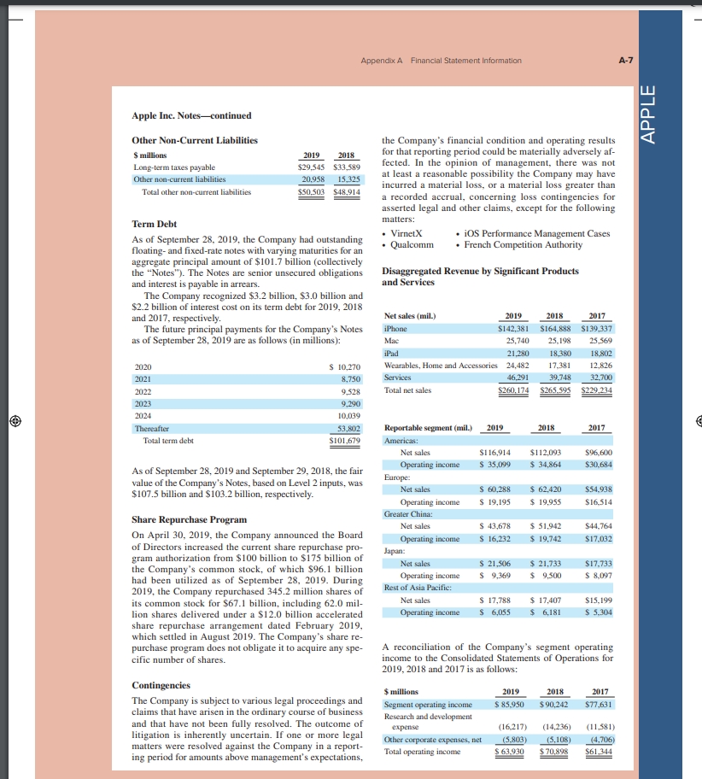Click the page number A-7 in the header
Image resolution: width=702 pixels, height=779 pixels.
pyautogui.click(x=625, y=61)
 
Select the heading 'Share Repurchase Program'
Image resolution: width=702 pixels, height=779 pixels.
pyautogui.click(x=189, y=519)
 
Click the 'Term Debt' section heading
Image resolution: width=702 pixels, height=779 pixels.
pyautogui.click(x=155, y=224)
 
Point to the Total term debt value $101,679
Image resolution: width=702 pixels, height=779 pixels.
pyautogui.click(x=346, y=441)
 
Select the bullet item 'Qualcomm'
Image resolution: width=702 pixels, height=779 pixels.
pyautogui.click(x=412, y=245)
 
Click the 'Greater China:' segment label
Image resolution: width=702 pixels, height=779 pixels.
pyautogui.click(x=408, y=514)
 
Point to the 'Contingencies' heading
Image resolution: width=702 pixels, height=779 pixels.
pyautogui.click(x=162, y=685)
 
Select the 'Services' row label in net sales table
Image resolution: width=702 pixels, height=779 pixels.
pyautogui.click(x=398, y=377)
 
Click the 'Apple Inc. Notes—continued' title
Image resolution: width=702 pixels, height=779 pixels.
pyautogui.click(x=191, y=115)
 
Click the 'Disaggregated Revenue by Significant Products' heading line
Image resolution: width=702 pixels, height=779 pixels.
pyautogui.click(x=481, y=271)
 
